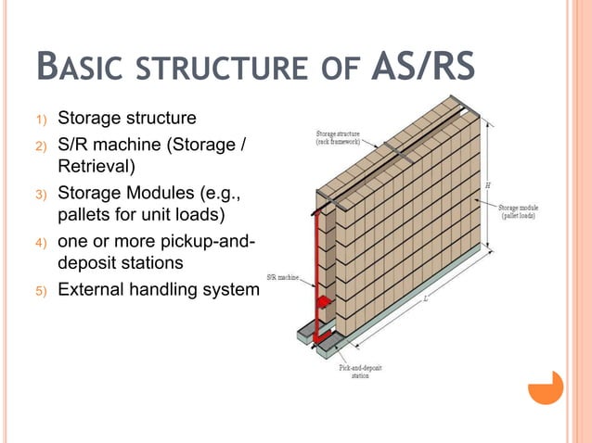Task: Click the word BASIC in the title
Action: click(84, 69)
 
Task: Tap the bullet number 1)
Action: click(40, 120)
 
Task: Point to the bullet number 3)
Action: click(40, 194)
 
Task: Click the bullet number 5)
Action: click(40, 290)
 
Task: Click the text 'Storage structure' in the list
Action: click(127, 119)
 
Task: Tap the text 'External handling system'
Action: click(159, 289)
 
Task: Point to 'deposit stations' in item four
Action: click(118, 263)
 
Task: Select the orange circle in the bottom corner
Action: click(547, 388)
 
